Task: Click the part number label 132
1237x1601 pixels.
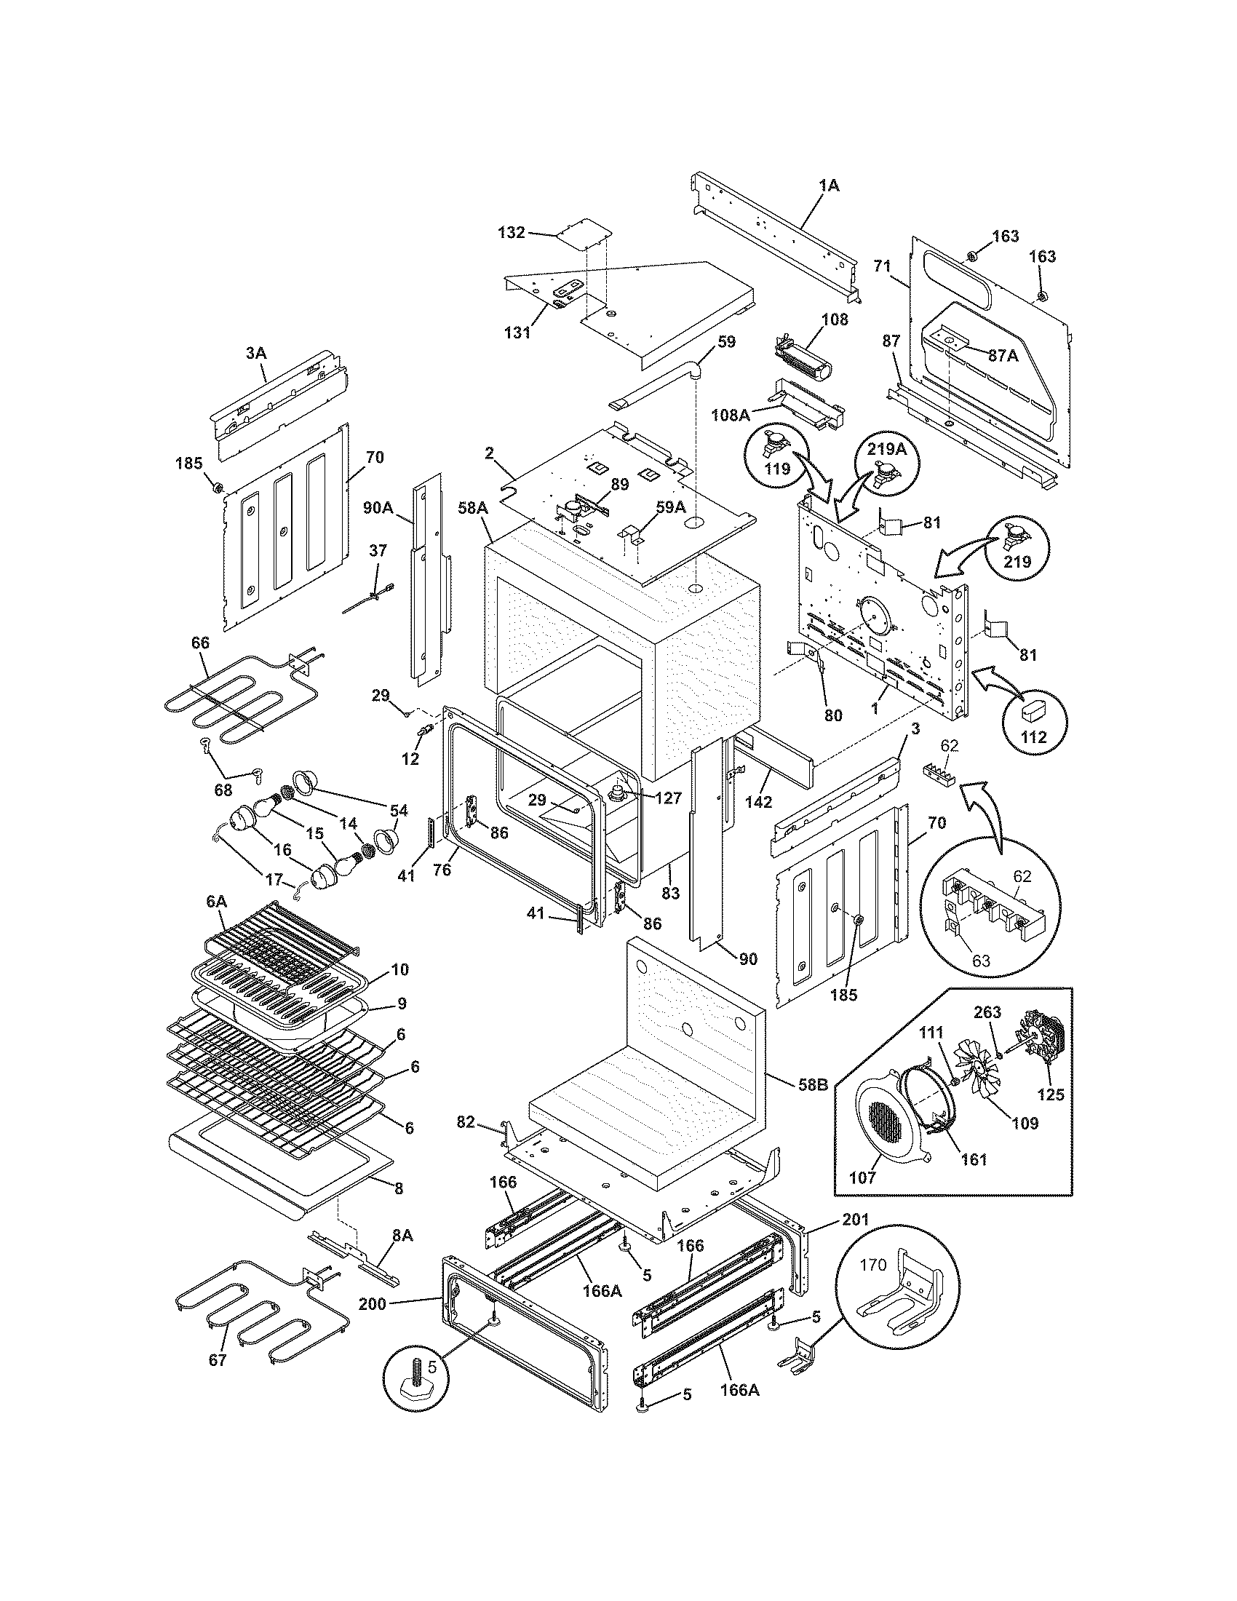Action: [x=511, y=232]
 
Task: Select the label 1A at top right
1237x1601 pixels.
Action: [x=828, y=186]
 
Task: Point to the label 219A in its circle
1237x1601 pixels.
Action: [x=888, y=449]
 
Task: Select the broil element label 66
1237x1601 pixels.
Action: [x=199, y=643]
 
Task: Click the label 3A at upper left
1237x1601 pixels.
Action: [x=255, y=354]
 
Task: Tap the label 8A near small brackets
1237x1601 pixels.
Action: [x=402, y=1235]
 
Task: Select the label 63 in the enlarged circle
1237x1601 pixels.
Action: [x=981, y=961]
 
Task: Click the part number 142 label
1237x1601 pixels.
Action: [x=758, y=801]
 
